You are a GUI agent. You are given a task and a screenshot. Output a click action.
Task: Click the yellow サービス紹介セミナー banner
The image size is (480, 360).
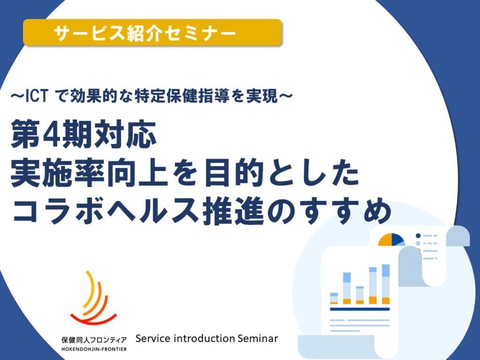pyautogui.click(x=152, y=32)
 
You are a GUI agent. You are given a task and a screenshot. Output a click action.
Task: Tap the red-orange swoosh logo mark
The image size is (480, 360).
pyautogui.click(x=93, y=299)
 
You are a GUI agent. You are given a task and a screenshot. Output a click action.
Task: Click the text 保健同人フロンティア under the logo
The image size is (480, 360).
pyautogui.click(x=94, y=340)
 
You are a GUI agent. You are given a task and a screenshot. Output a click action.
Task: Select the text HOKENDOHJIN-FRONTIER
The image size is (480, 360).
pyautogui.click(x=94, y=349)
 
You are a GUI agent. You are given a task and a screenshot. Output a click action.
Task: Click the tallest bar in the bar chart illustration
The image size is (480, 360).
pyautogui.click(x=386, y=284)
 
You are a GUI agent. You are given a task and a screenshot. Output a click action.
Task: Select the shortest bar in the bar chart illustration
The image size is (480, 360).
pyautogui.click(x=334, y=299)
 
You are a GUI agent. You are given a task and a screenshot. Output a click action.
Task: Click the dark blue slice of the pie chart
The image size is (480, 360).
pyautogui.click(x=397, y=240)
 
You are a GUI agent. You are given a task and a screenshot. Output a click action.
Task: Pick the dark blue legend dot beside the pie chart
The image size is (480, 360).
pyautogui.click(x=418, y=236)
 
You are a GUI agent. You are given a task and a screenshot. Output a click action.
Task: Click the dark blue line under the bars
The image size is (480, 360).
pyautogui.click(x=360, y=309)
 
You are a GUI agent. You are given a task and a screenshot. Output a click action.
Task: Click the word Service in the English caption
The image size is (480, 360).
pyautogui.click(x=153, y=338)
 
